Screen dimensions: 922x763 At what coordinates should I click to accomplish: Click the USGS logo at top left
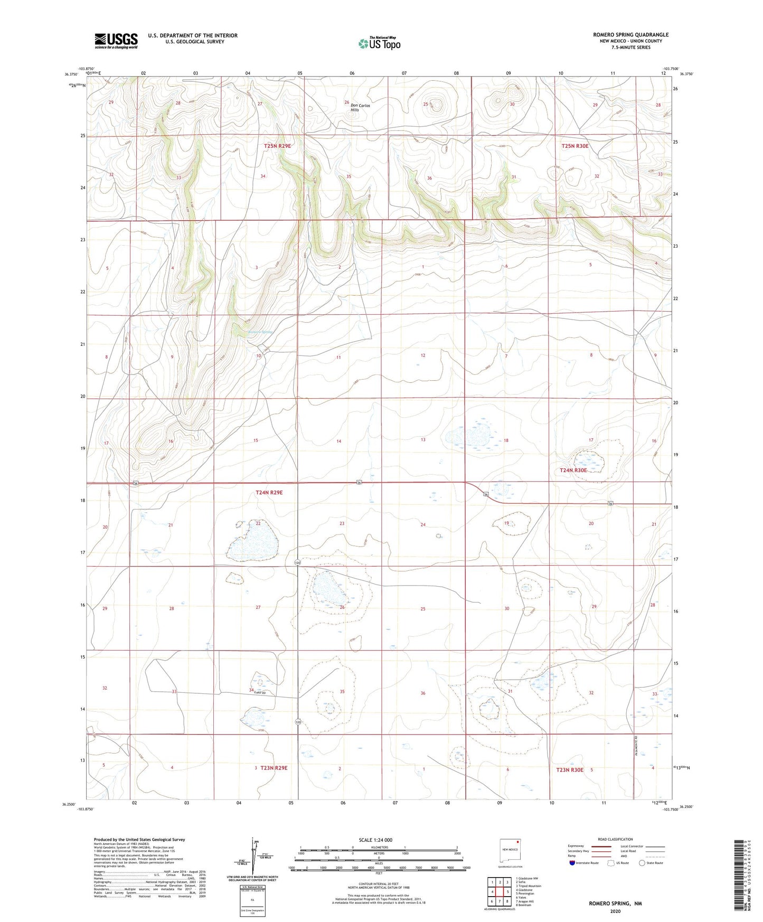tap(116, 41)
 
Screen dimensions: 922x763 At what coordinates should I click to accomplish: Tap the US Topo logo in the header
tap(379, 43)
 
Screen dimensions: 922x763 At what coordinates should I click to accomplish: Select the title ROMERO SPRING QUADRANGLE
tap(630, 35)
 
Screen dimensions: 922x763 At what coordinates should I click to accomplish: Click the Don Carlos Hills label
tap(360, 107)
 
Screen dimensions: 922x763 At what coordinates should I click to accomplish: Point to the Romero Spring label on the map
tap(260, 332)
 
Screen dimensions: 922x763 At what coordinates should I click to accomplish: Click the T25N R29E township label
tap(277, 146)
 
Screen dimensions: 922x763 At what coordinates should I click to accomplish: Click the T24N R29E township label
tap(269, 492)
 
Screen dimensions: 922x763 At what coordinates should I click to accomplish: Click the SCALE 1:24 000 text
tap(375, 840)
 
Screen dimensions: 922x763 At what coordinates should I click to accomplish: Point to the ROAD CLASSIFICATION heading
tap(615, 839)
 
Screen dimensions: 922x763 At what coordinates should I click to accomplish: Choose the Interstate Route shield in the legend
tap(572, 863)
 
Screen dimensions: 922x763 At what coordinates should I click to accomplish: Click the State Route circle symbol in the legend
tap(642, 863)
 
